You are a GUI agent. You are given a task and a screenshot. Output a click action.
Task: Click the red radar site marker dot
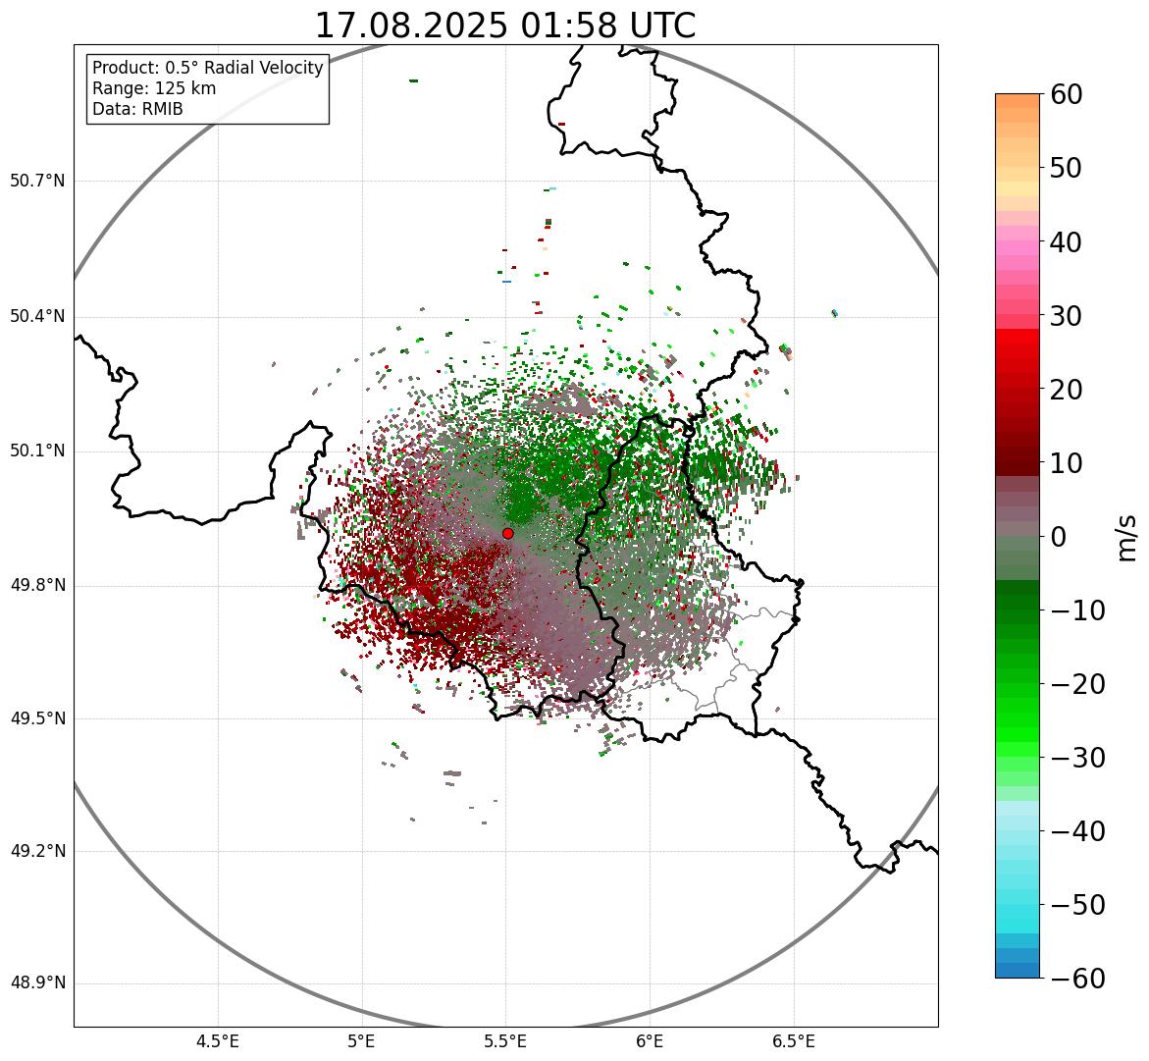point(507,533)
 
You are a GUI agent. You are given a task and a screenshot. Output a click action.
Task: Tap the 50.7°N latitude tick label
point(37,182)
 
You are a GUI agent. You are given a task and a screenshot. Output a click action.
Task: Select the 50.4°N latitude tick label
point(37,316)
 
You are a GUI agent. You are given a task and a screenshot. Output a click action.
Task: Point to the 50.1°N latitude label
point(37,451)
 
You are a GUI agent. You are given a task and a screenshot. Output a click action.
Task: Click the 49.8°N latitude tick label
point(37,586)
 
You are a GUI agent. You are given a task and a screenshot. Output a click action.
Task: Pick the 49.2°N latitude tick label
point(37,851)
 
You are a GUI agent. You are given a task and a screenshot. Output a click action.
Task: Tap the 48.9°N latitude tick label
point(37,983)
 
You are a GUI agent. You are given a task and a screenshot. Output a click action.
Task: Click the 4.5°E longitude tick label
point(218,1041)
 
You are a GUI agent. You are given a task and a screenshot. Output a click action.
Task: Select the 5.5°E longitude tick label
point(505,1041)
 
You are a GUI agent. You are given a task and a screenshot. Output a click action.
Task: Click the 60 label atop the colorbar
point(1067,94)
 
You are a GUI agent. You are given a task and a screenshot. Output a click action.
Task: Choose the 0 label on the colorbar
point(1059,537)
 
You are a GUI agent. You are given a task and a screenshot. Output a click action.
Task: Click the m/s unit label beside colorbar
point(1126,537)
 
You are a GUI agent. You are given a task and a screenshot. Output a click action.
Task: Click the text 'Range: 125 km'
point(154,88)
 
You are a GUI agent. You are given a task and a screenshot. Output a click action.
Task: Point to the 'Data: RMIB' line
point(137,109)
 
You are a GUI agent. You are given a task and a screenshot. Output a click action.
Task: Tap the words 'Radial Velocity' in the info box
point(263,68)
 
